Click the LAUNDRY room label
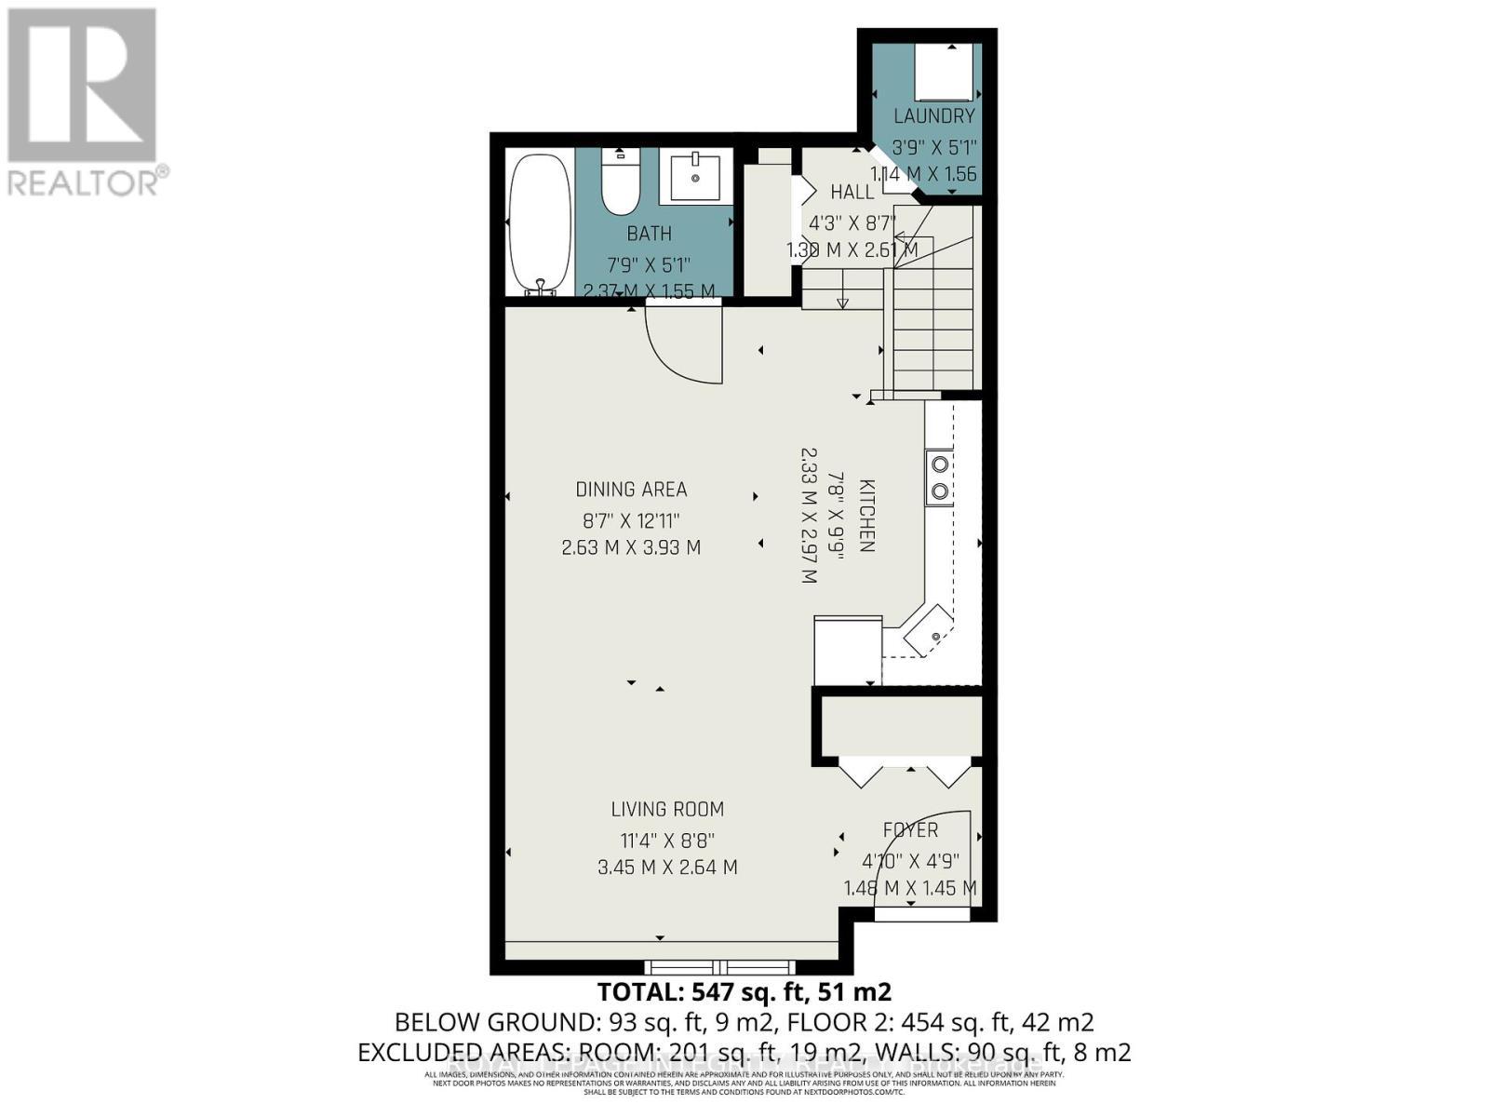point(933,116)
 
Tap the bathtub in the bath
point(539,224)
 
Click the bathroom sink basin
point(695,176)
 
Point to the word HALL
point(852,192)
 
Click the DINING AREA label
point(631,490)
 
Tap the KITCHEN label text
point(866,517)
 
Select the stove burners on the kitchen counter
point(940,477)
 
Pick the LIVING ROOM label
point(667,810)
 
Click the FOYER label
point(910,830)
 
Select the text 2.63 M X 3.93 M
point(631,548)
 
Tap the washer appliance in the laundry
point(945,73)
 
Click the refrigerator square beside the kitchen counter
point(848,649)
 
